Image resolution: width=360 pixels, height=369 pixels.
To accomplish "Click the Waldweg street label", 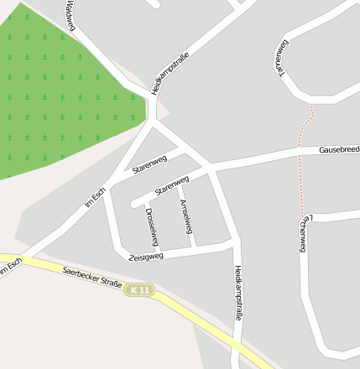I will click(70, 16).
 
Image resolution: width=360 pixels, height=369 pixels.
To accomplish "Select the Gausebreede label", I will click(338, 149).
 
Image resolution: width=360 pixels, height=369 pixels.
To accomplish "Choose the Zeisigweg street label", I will click(145, 255).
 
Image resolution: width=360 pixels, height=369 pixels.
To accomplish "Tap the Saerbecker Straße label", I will click(92, 278).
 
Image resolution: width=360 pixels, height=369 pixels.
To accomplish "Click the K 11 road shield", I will click(140, 290).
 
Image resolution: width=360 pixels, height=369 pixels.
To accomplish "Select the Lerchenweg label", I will click(304, 234).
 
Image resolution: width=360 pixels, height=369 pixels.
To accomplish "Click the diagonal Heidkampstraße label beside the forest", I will click(169, 73).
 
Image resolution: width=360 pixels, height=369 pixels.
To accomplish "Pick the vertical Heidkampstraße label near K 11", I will click(238, 293).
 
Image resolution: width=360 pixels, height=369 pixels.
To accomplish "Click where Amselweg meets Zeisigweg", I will click(194, 247).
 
